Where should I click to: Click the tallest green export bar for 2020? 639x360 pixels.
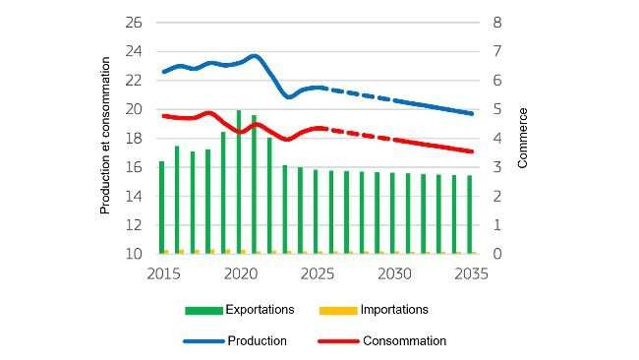(x=239, y=182)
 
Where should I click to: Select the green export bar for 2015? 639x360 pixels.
(x=161, y=208)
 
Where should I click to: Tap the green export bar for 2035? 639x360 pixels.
(x=470, y=214)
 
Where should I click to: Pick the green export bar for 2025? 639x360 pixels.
(x=316, y=211)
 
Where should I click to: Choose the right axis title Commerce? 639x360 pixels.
(x=523, y=138)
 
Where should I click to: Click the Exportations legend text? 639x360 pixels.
(x=260, y=309)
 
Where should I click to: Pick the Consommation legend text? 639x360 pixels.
(x=404, y=341)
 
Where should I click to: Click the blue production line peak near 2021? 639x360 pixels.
(x=255, y=56)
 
